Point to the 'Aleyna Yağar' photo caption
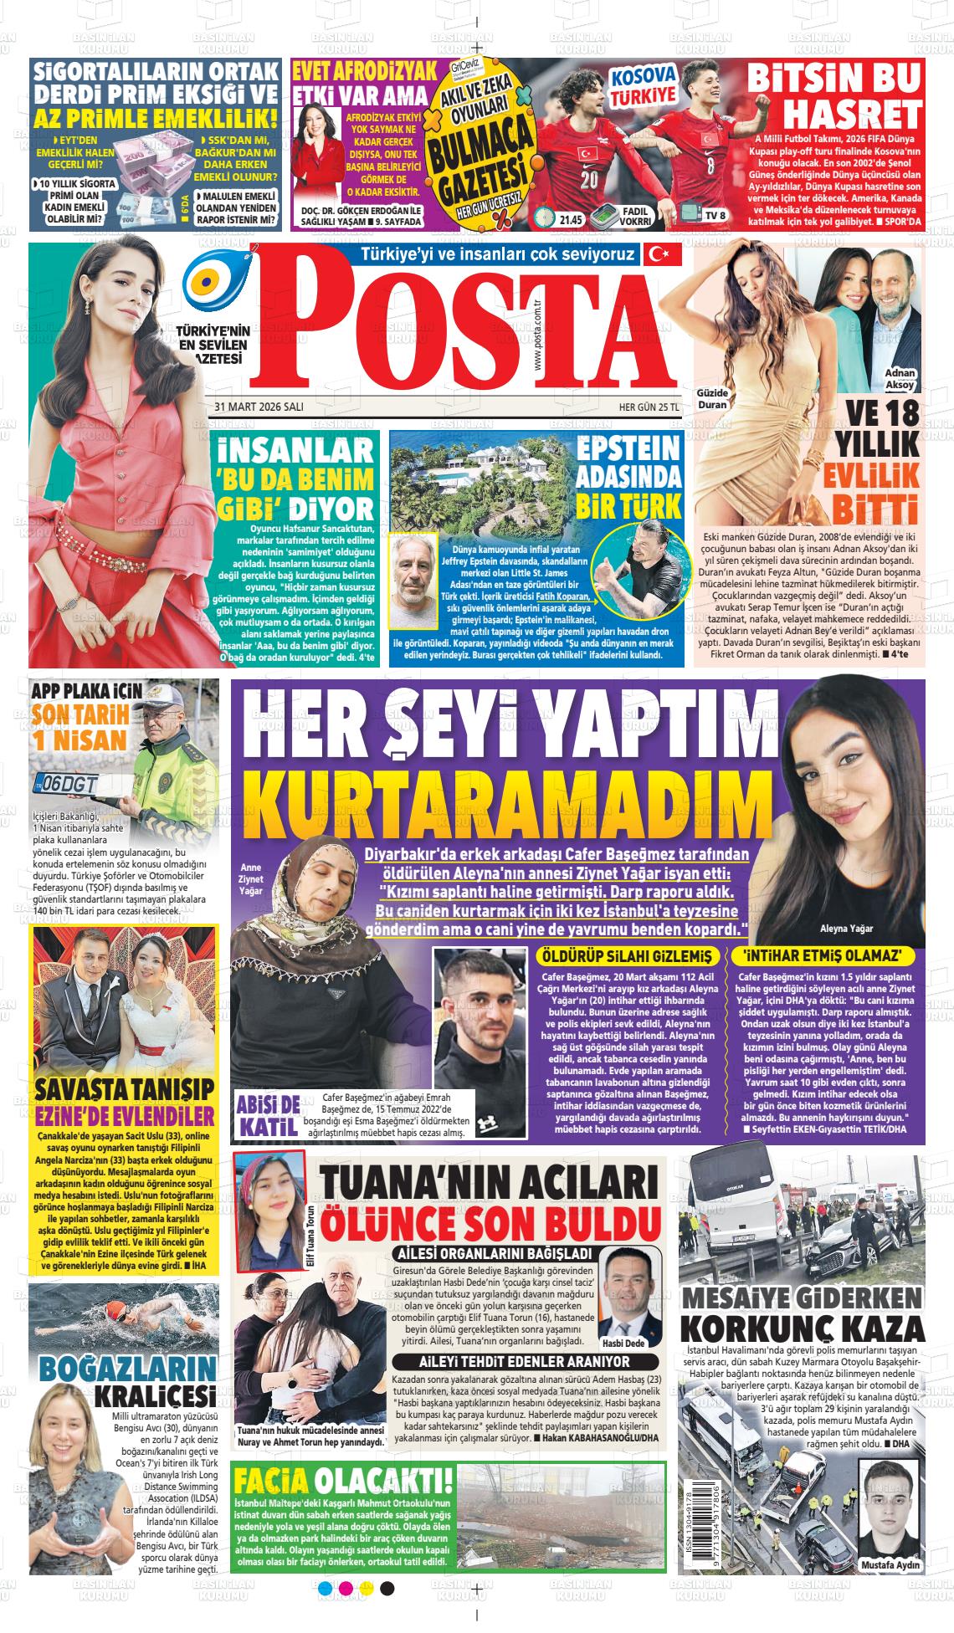tap(846, 929)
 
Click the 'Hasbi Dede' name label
tap(623, 1343)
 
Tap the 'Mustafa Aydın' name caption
tap(890, 1565)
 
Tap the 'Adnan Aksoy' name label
tap(900, 379)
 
